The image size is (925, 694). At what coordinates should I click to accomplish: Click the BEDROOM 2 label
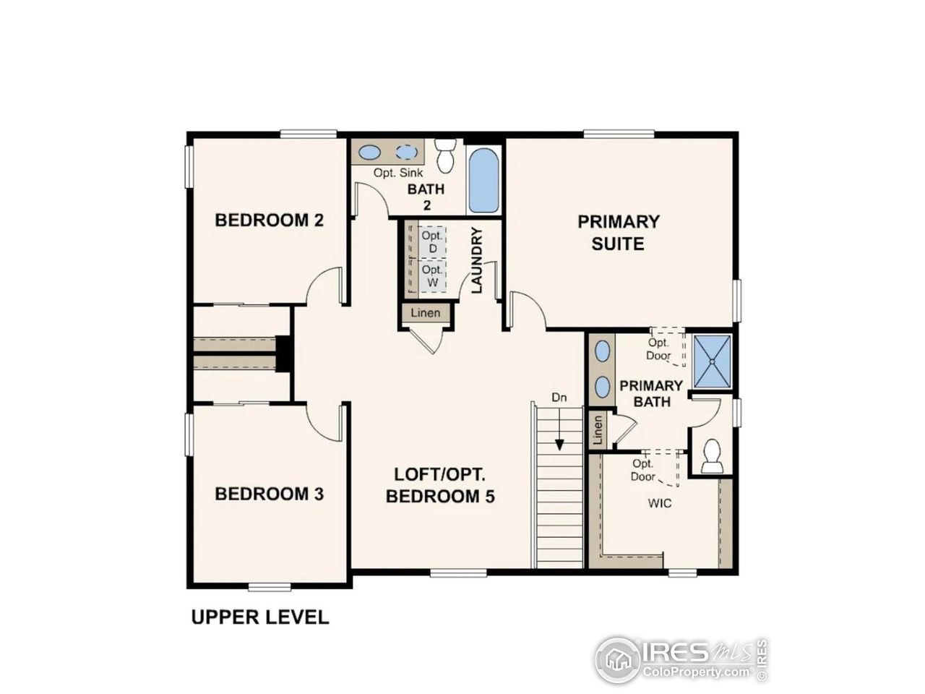[269, 220]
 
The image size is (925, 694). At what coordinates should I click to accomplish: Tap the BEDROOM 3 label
[269, 494]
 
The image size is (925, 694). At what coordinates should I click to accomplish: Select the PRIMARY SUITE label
[618, 232]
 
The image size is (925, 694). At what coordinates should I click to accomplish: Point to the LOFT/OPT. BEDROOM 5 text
[440, 485]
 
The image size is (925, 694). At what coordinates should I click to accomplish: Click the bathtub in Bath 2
[483, 181]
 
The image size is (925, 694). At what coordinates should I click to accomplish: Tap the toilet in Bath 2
[445, 155]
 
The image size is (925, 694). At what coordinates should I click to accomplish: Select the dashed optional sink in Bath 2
[407, 153]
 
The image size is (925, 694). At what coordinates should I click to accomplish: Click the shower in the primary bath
[712, 360]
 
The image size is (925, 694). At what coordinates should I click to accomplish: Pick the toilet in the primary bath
[712, 456]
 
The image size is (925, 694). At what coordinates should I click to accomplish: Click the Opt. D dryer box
[432, 242]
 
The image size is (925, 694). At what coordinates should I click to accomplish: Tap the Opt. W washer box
[432, 277]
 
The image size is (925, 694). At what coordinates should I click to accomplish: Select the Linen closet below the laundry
[426, 314]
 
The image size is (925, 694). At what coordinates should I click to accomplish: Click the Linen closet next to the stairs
[598, 431]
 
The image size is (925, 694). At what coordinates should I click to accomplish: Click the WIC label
[659, 502]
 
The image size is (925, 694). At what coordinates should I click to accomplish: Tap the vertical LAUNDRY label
[477, 260]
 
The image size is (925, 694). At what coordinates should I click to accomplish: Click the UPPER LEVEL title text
[259, 617]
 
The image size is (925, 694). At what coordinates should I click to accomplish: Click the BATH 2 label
[426, 197]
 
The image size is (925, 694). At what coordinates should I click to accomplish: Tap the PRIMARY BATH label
[651, 393]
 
